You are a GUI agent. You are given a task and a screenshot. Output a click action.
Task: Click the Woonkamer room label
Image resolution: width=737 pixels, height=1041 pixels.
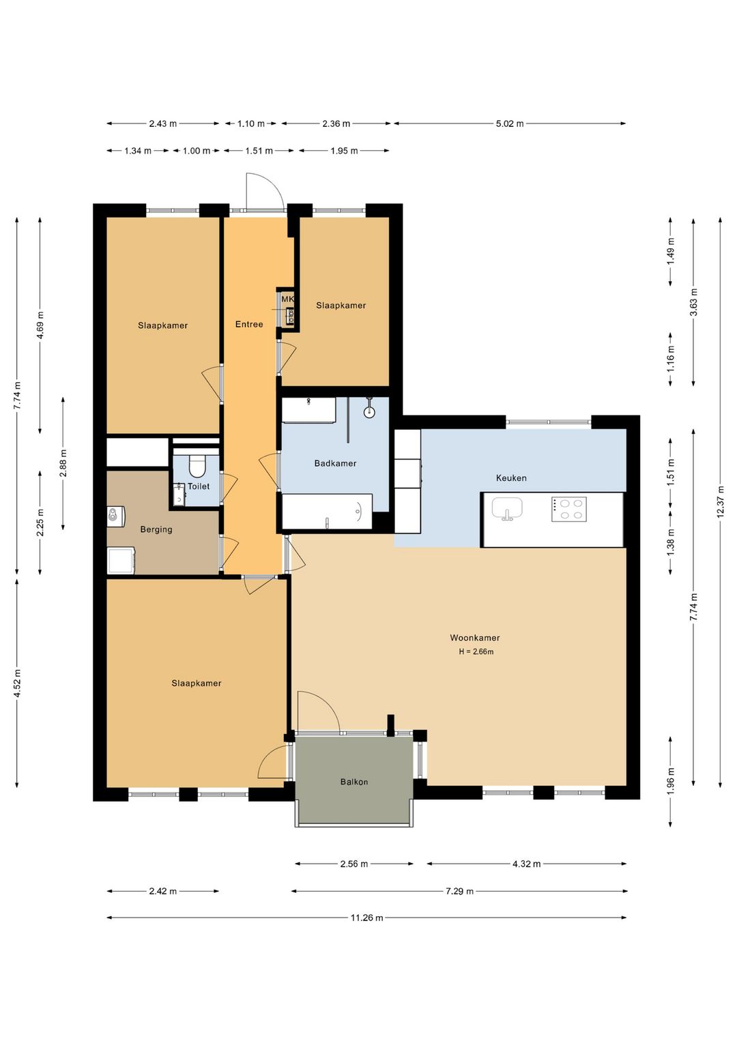tap(475, 638)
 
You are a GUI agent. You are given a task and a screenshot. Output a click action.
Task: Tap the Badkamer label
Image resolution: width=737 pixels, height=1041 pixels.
tap(335, 463)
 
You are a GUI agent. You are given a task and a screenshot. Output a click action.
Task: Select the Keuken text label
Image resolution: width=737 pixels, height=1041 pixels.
tap(511, 478)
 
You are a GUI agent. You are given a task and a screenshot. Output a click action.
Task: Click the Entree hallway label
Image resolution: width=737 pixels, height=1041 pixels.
tap(249, 325)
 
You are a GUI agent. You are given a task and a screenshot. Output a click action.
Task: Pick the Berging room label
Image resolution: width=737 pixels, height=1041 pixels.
tap(156, 529)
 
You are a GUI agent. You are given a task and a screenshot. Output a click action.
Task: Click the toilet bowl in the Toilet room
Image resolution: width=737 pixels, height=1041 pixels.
tap(197, 466)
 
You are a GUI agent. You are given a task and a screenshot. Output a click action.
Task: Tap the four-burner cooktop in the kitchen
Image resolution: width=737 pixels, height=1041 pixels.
tap(568, 509)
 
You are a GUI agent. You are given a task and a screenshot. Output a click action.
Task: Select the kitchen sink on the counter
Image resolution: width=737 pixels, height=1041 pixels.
tap(507, 509)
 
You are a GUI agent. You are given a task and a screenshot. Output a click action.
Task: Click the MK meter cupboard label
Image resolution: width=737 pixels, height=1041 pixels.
tap(288, 299)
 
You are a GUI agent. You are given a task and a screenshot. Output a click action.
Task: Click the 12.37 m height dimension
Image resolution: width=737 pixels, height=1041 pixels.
tap(720, 501)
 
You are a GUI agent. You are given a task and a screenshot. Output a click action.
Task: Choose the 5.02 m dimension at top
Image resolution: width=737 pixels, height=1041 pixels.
tap(509, 123)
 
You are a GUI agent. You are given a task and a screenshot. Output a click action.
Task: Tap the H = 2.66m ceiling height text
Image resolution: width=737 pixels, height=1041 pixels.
tap(476, 651)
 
